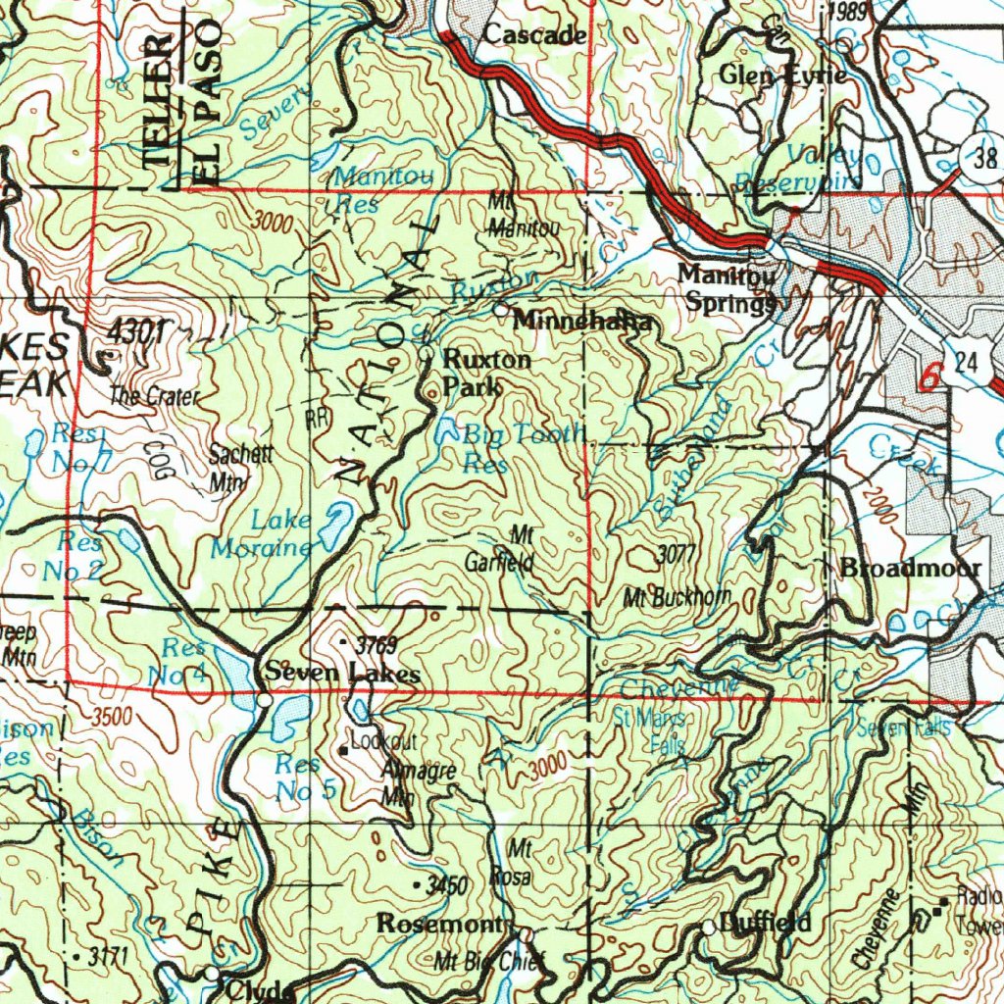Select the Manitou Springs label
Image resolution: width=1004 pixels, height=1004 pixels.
pyautogui.click(x=728, y=289)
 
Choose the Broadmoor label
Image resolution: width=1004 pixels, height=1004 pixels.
pyautogui.click(x=910, y=568)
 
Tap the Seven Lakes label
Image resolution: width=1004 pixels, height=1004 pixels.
pyautogui.click(x=341, y=674)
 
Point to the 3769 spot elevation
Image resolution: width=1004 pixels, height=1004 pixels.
pyautogui.click(x=376, y=645)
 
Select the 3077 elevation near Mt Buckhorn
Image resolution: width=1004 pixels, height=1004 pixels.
pyautogui.click(x=676, y=556)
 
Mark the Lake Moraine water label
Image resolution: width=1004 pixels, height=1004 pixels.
pyautogui.click(x=263, y=534)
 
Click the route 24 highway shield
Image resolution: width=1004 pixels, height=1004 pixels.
pyautogui.click(x=968, y=363)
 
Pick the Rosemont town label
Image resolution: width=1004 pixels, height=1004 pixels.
pyautogui.click(x=439, y=924)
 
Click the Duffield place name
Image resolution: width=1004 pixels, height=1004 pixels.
pyautogui.click(x=765, y=923)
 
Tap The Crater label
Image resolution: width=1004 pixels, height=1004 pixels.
pyautogui.click(x=155, y=397)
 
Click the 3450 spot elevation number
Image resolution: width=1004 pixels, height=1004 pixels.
pyautogui.click(x=448, y=886)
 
